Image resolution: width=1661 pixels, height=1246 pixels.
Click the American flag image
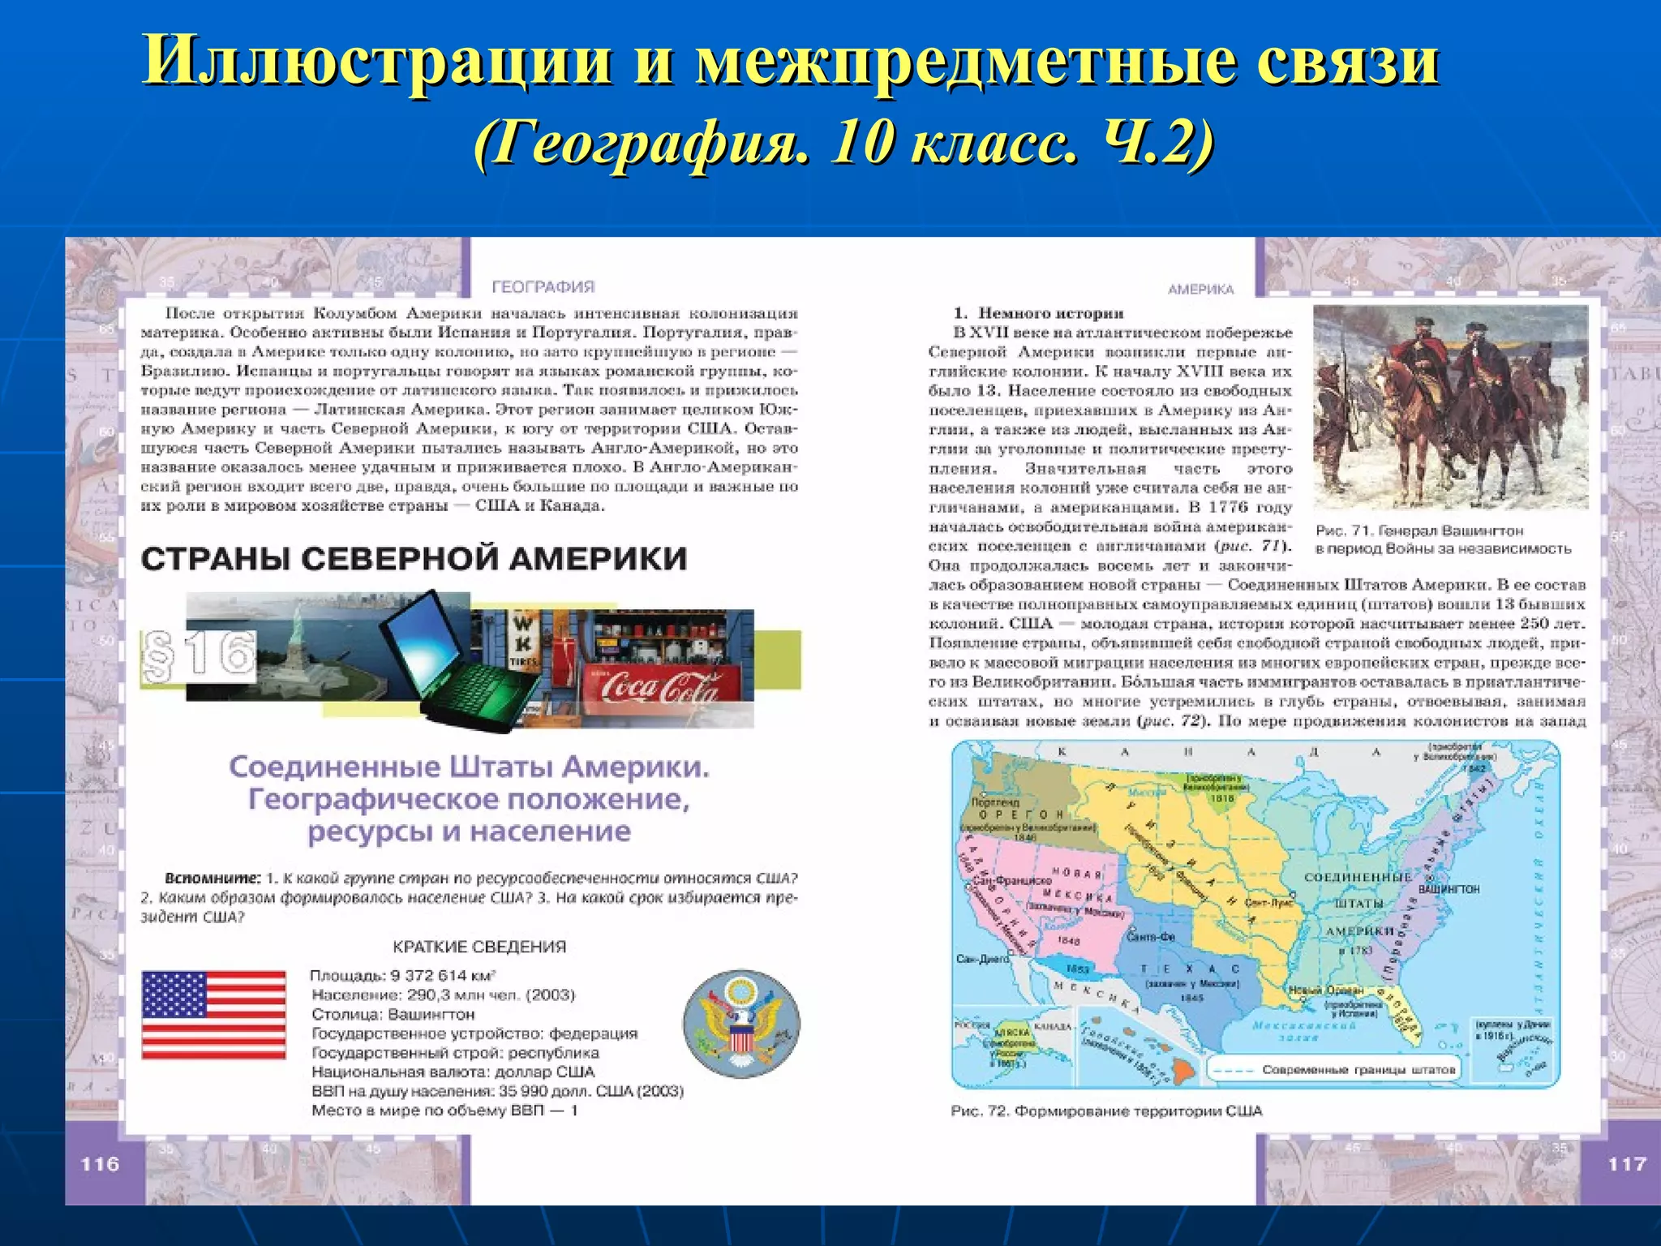[213, 1015]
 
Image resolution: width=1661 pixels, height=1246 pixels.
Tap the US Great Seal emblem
[741, 1025]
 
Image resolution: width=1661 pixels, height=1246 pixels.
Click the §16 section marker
[199, 655]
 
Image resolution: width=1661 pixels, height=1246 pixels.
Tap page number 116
[100, 1164]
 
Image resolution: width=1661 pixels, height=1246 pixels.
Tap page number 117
[1626, 1164]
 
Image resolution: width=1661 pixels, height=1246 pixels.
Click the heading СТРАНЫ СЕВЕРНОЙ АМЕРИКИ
[414, 559]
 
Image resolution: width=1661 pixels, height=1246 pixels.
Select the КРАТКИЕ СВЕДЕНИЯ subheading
[479, 947]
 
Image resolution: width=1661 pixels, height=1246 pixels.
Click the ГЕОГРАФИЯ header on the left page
[543, 287]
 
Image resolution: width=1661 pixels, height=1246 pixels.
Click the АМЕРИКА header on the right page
[1200, 290]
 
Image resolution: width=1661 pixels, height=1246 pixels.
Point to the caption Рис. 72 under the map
[1106, 1111]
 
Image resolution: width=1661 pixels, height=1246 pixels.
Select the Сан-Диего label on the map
[982, 959]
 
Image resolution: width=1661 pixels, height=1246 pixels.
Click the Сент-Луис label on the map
[1267, 902]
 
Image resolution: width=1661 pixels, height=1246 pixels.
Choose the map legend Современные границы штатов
[1358, 1069]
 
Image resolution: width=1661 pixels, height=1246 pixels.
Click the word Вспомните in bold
[212, 879]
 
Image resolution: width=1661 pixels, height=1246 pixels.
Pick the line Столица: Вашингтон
[393, 1014]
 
